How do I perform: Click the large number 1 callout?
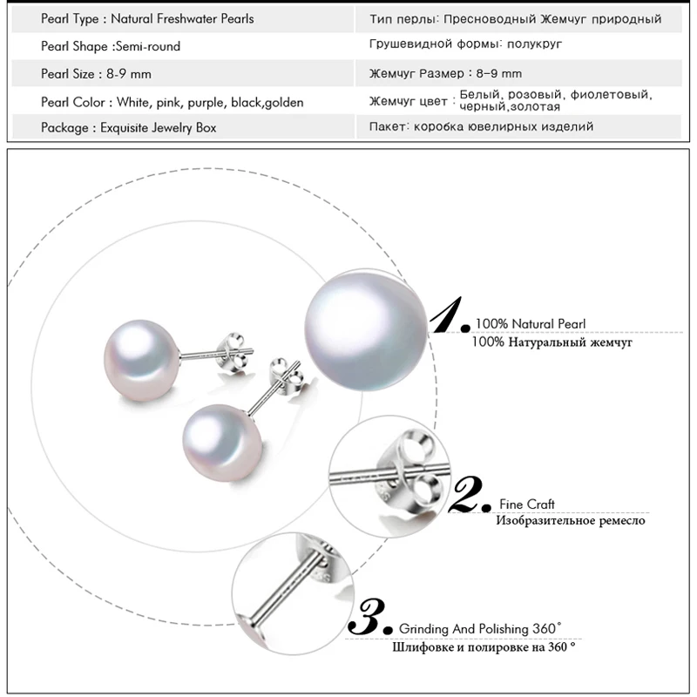(x=451, y=315)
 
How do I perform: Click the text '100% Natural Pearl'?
(x=530, y=324)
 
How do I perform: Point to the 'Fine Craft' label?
(x=527, y=504)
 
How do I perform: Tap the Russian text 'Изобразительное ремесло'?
(x=571, y=521)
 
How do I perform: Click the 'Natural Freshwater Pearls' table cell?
(x=183, y=18)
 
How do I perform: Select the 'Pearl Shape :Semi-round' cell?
(x=111, y=46)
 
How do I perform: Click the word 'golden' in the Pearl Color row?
(x=280, y=103)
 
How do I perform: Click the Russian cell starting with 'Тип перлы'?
(x=515, y=18)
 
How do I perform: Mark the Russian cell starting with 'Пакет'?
(x=481, y=127)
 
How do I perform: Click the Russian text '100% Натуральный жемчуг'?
(x=552, y=342)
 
